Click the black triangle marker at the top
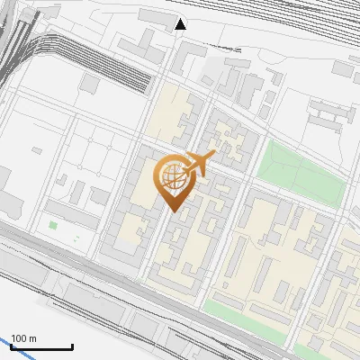(181, 24)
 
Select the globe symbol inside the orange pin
(172, 176)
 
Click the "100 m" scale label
(24, 338)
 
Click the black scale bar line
(42, 346)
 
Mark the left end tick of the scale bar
(13, 346)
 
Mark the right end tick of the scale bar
(72, 346)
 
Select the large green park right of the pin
(301, 171)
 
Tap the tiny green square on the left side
(53, 225)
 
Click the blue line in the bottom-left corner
(11, 342)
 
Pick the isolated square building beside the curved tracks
(90, 83)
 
